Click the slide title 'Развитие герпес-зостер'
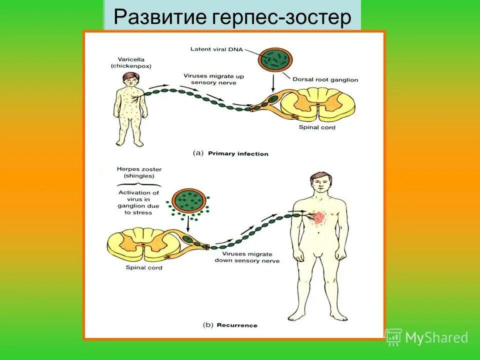coord(232,18)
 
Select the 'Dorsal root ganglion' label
coord(325,79)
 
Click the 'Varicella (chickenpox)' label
coord(131,62)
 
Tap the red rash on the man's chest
coord(318,218)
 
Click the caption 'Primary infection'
coord(238,153)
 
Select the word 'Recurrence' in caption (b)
coord(237,325)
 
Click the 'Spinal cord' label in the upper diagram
coord(317,127)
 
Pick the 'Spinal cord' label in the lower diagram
coord(144,268)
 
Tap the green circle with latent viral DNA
coord(273,59)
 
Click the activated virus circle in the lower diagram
coord(187,200)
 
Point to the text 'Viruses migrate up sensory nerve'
coord(213,79)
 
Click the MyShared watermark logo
coord(427,337)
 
